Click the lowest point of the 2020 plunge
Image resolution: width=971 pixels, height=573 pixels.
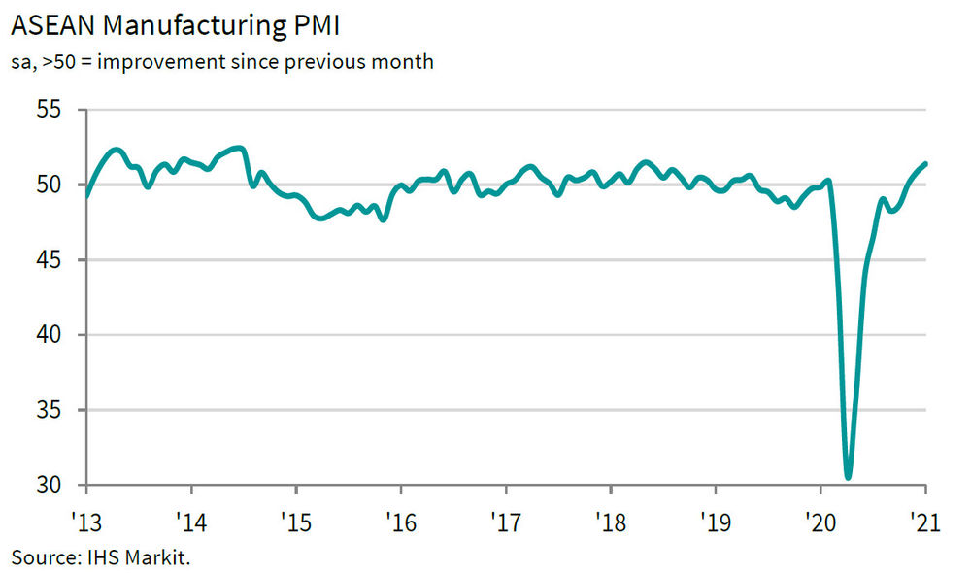(x=849, y=477)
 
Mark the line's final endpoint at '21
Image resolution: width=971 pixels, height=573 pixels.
(x=924, y=163)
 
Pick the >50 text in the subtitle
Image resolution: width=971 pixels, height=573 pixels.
(x=57, y=63)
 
